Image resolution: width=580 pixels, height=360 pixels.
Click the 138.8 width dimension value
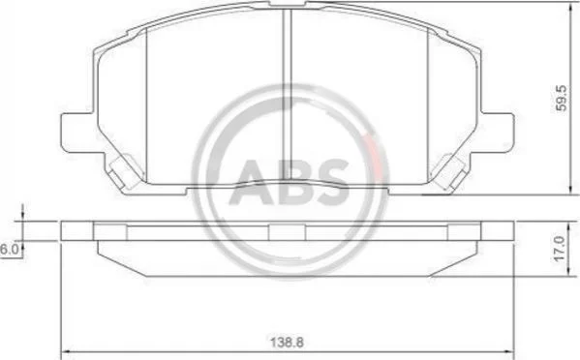click(x=287, y=343)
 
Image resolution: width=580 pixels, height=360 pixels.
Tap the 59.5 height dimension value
click(x=562, y=98)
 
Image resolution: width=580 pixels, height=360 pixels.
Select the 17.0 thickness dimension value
click(x=561, y=249)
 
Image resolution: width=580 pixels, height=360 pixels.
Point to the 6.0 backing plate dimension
click(x=9, y=249)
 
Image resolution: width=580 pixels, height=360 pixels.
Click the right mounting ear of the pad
click(x=497, y=133)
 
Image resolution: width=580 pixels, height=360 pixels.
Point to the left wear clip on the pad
click(x=122, y=172)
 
